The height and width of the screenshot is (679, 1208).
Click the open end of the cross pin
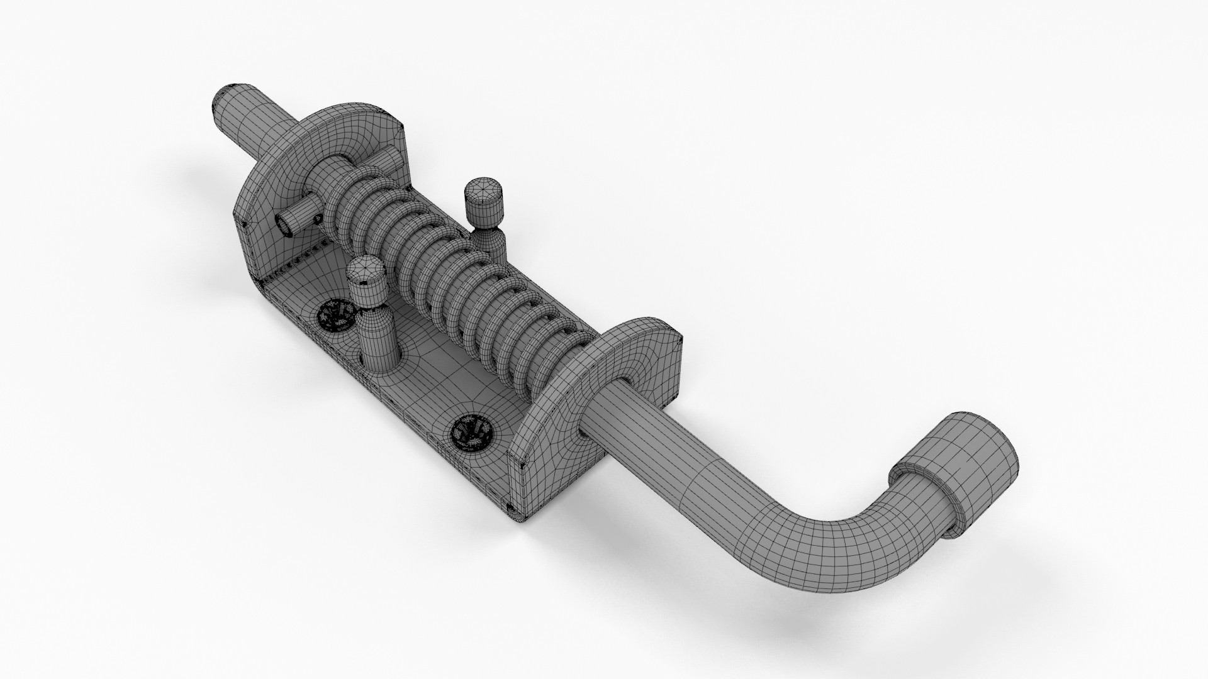[287, 223]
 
